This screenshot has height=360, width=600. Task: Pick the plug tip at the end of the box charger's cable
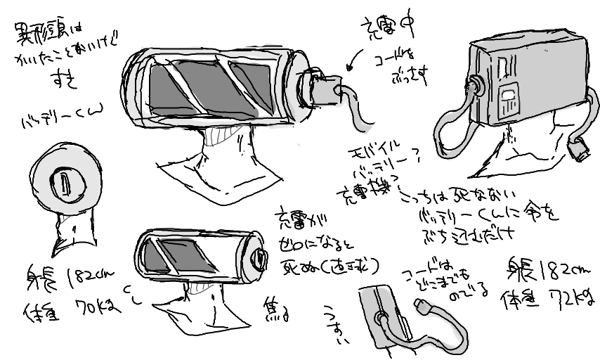(580, 150)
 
